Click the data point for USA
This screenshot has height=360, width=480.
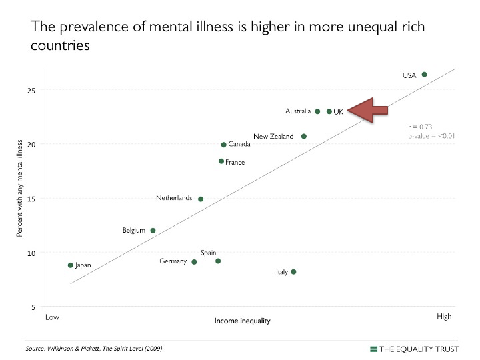[x=424, y=75]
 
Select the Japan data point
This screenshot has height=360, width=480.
[x=71, y=265]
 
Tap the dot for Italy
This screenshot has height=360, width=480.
[x=293, y=272]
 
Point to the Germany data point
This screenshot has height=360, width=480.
[x=194, y=262]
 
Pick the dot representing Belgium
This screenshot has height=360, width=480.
[x=153, y=231]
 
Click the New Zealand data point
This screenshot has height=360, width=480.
[x=304, y=136]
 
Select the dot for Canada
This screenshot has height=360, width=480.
[x=224, y=145]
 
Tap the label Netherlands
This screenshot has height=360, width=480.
[x=174, y=198]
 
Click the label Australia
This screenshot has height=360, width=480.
[x=298, y=111]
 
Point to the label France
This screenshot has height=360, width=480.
[x=235, y=162]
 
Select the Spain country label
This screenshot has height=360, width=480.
[x=208, y=253]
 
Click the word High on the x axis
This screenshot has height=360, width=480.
[x=444, y=317]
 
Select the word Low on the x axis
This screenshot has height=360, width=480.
[x=52, y=317]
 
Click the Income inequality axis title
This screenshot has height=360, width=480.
[x=242, y=321]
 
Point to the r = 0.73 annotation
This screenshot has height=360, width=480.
[x=421, y=126]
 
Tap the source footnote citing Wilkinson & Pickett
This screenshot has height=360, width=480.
[x=93, y=349]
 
